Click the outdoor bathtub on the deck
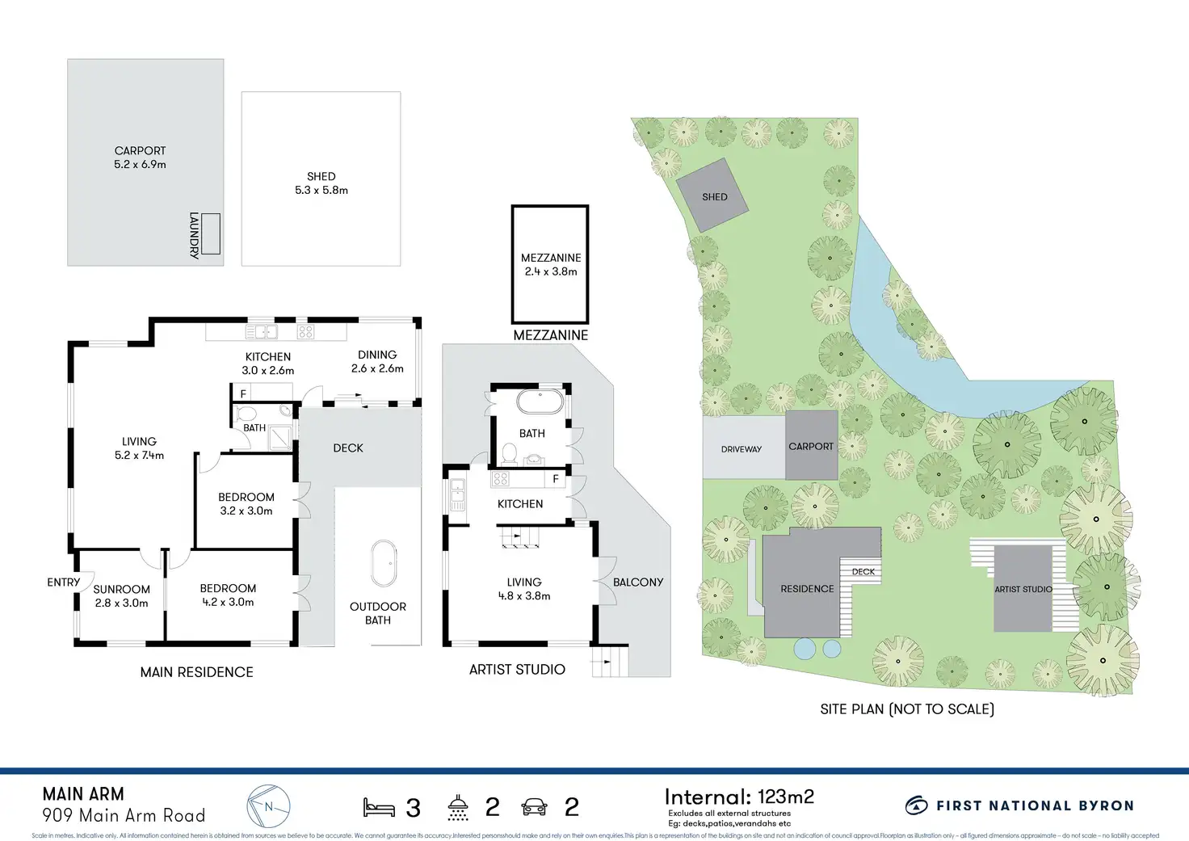click(383, 563)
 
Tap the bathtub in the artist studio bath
click(540, 402)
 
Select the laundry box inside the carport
click(211, 233)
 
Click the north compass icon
click(268, 806)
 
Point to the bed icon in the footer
click(378, 807)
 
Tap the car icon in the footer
click(535, 806)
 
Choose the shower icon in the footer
click(458, 807)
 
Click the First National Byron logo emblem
click(916, 805)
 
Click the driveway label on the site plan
click(742, 449)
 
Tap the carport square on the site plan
click(811, 445)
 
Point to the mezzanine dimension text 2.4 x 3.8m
click(551, 271)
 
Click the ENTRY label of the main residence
click(63, 582)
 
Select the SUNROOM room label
click(121, 589)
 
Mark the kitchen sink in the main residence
click(261, 331)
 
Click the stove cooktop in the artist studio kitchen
click(501, 479)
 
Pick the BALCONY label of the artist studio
click(638, 582)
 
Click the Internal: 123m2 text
click(739, 797)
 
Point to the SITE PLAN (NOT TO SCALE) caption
click(907, 709)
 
